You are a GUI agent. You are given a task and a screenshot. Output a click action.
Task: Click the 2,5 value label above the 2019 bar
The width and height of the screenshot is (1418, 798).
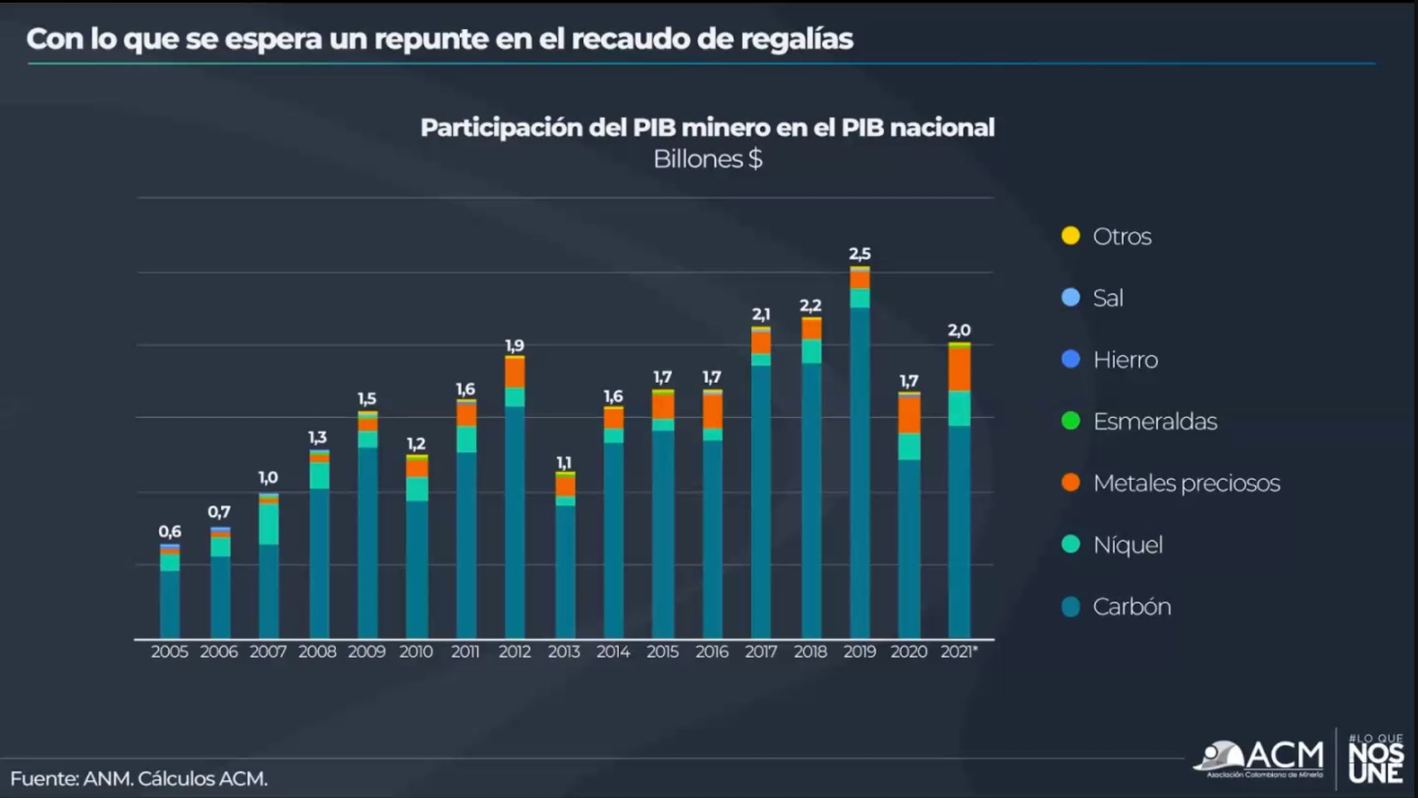859,254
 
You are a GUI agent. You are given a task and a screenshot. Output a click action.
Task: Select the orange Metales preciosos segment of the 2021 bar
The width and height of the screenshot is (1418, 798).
959,369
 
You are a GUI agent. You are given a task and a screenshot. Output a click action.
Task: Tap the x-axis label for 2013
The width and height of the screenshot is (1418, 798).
564,652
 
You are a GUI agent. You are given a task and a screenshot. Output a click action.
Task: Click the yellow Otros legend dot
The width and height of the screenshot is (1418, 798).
1070,236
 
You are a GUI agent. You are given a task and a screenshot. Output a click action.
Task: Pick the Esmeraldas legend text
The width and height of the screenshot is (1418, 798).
1154,421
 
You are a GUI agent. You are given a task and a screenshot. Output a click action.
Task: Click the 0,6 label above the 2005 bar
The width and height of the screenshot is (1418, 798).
169,532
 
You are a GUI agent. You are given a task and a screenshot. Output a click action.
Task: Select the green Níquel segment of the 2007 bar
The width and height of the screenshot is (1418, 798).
269,524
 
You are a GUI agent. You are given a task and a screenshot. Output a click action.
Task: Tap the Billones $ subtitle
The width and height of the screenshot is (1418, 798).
707,159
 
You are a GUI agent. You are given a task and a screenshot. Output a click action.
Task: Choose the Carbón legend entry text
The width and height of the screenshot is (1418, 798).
1131,606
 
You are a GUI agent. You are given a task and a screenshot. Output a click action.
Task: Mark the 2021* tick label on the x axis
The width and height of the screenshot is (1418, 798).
959,652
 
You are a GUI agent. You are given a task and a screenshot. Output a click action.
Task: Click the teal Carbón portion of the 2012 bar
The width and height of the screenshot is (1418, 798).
515,521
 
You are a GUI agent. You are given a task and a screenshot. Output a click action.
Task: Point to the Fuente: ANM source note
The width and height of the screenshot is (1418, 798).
138,778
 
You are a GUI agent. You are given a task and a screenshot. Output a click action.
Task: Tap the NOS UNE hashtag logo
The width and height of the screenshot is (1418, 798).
1375,758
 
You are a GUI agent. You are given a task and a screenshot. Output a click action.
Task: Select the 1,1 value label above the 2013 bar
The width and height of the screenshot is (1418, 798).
564,463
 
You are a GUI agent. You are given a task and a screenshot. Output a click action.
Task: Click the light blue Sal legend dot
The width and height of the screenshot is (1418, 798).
1070,297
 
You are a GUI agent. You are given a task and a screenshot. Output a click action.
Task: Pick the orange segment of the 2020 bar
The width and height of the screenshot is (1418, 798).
909,415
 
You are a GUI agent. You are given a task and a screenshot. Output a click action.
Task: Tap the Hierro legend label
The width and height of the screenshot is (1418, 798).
1124,360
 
